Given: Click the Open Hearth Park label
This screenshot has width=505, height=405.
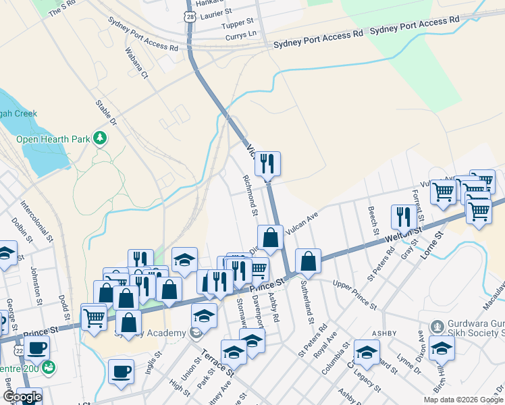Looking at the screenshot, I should tap(53, 139).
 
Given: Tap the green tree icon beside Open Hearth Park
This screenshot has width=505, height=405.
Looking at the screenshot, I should tap(101, 138).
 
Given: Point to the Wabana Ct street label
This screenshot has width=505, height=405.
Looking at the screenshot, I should tap(136, 62).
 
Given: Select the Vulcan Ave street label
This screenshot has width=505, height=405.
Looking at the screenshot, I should tap(301, 224).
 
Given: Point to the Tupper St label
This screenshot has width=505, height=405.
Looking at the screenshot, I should tap(237, 24).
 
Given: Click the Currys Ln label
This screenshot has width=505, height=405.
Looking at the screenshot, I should tap(241, 34).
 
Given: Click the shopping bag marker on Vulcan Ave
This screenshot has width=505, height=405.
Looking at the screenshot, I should tap(270, 238).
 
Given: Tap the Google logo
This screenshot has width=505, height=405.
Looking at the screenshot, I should tap(22, 397).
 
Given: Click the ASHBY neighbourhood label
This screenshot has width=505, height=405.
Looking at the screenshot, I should tap(385, 333).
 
